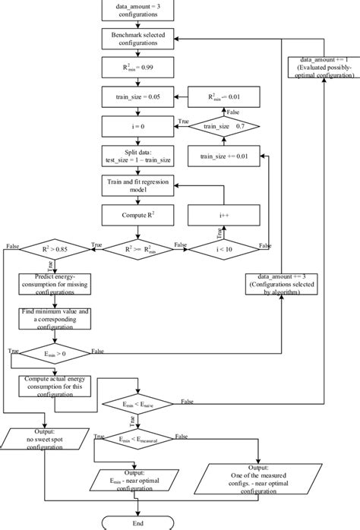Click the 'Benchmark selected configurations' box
[137, 39]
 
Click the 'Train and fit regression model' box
[137, 186]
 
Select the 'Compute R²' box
[137, 216]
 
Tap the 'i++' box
[224, 216]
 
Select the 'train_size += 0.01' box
[224, 156]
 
